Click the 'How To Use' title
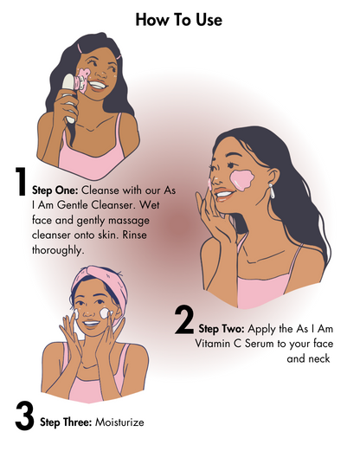(179, 19)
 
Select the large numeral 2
(184, 321)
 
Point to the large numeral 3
(24, 414)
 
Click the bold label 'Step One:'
(56, 188)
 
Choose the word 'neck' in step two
(318, 358)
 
